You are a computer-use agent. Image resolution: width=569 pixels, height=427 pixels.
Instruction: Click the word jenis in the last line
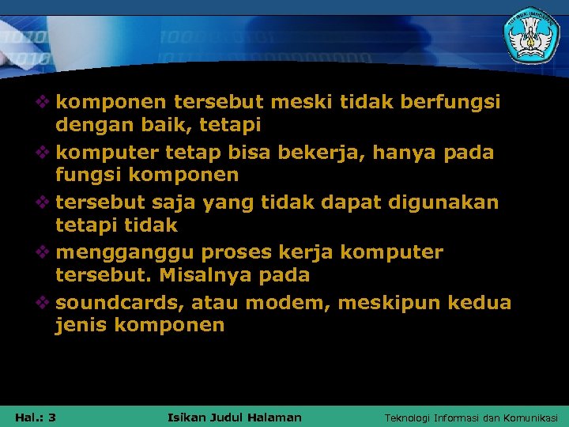click(81, 326)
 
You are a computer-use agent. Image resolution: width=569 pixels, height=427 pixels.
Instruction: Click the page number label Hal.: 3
click(35, 417)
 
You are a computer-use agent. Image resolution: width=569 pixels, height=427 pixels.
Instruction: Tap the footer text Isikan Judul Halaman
click(236, 417)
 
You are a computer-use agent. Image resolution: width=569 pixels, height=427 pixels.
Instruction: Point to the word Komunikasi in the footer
click(529, 418)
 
